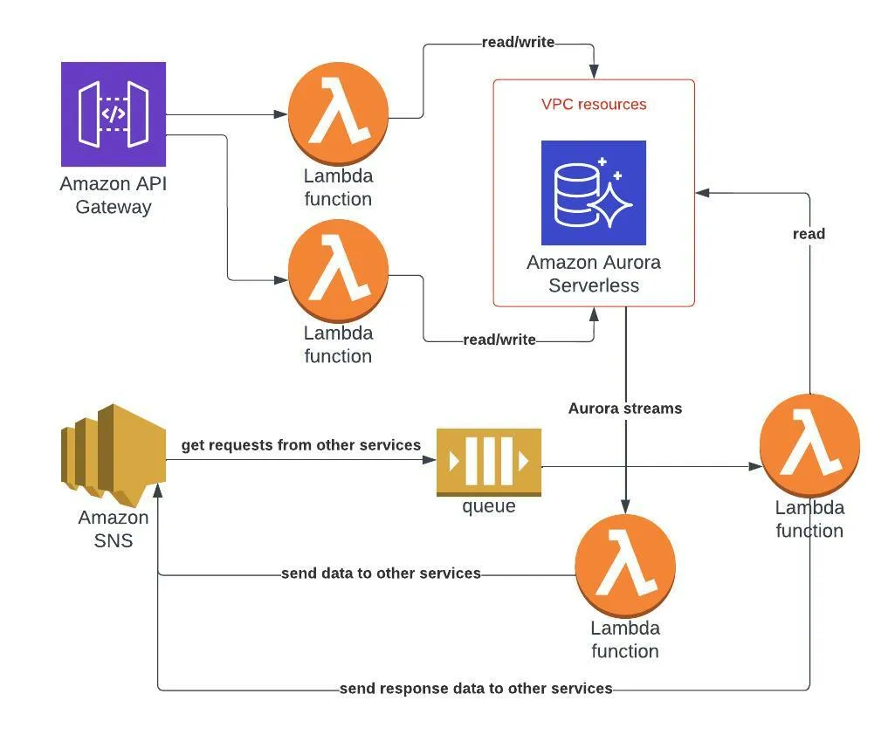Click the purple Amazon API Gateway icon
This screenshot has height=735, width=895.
114,114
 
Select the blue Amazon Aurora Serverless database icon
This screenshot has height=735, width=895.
594,193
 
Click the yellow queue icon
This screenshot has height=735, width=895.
489,463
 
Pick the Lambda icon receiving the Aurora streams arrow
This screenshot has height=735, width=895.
625,564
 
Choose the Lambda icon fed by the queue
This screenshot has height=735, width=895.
809,445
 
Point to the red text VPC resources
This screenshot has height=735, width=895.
594,105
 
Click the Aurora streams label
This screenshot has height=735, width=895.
625,409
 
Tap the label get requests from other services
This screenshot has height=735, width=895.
300,446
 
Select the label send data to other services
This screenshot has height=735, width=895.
381,574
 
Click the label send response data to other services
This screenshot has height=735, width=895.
476,689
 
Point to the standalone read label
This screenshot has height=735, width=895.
809,234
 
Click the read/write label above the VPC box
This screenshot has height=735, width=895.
518,43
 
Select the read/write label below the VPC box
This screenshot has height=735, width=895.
499,340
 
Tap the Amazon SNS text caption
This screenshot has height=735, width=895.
114,529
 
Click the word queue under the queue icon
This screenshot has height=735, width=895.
489,506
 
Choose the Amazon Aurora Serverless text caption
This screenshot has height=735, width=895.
594,274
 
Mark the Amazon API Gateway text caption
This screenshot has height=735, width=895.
114,196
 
